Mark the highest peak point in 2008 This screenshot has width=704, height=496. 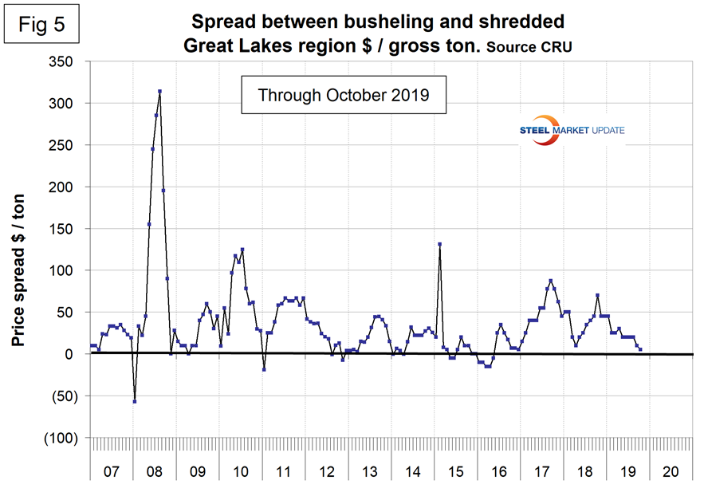[159, 92]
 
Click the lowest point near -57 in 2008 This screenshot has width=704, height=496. [135, 401]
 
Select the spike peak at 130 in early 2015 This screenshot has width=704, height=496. [439, 244]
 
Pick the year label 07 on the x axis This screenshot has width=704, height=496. [111, 472]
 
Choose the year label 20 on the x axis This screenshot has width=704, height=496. [671, 472]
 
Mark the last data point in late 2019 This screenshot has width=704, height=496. [640, 349]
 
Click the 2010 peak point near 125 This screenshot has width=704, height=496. [242, 250]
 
